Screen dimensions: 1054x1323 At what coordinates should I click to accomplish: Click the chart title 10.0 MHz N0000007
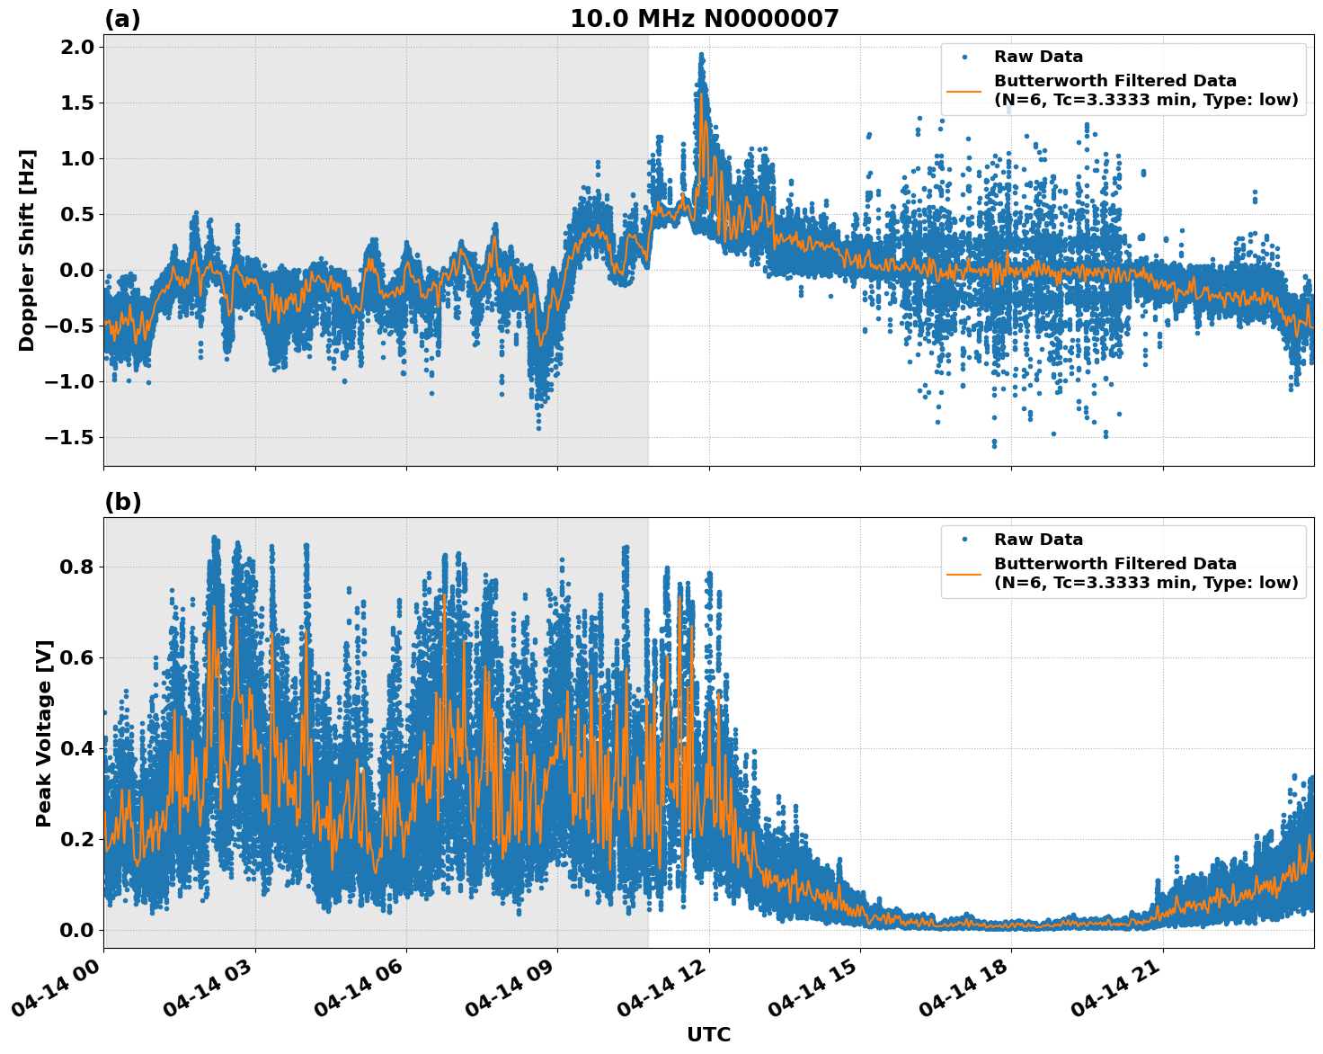tap(704, 19)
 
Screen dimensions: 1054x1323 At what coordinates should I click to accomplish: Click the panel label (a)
tap(122, 19)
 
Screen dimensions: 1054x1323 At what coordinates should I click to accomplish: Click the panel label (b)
tap(122, 502)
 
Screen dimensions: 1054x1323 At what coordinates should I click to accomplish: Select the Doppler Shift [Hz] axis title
tap(27, 250)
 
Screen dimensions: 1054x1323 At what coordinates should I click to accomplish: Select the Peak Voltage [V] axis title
tap(44, 733)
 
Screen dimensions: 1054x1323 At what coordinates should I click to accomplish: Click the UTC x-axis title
tap(708, 1034)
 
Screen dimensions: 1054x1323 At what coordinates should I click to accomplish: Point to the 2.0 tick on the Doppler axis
tap(77, 47)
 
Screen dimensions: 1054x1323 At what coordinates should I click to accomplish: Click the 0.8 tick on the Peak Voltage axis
tap(77, 567)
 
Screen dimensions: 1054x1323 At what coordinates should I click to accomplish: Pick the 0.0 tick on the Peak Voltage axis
tap(77, 930)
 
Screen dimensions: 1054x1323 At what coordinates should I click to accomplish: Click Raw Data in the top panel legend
tap(1038, 57)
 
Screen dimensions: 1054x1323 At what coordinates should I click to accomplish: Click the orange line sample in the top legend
tap(963, 90)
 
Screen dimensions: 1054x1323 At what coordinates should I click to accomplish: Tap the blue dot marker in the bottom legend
tap(963, 540)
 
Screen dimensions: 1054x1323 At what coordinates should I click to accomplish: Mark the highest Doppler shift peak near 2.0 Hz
tap(701, 55)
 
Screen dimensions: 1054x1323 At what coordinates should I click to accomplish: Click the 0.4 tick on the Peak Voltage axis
tap(77, 748)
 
